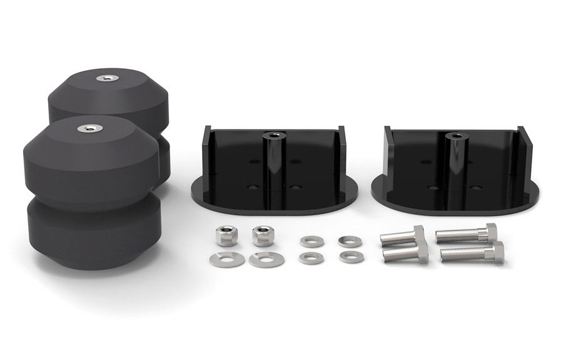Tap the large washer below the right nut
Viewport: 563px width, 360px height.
[x=266, y=259]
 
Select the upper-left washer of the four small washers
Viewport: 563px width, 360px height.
[x=311, y=242]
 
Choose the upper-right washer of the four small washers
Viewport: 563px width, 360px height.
[x=349, y=240]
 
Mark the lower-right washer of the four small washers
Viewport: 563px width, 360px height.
[x=351, y=257]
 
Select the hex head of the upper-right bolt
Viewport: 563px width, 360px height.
[x=490, y=232]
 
